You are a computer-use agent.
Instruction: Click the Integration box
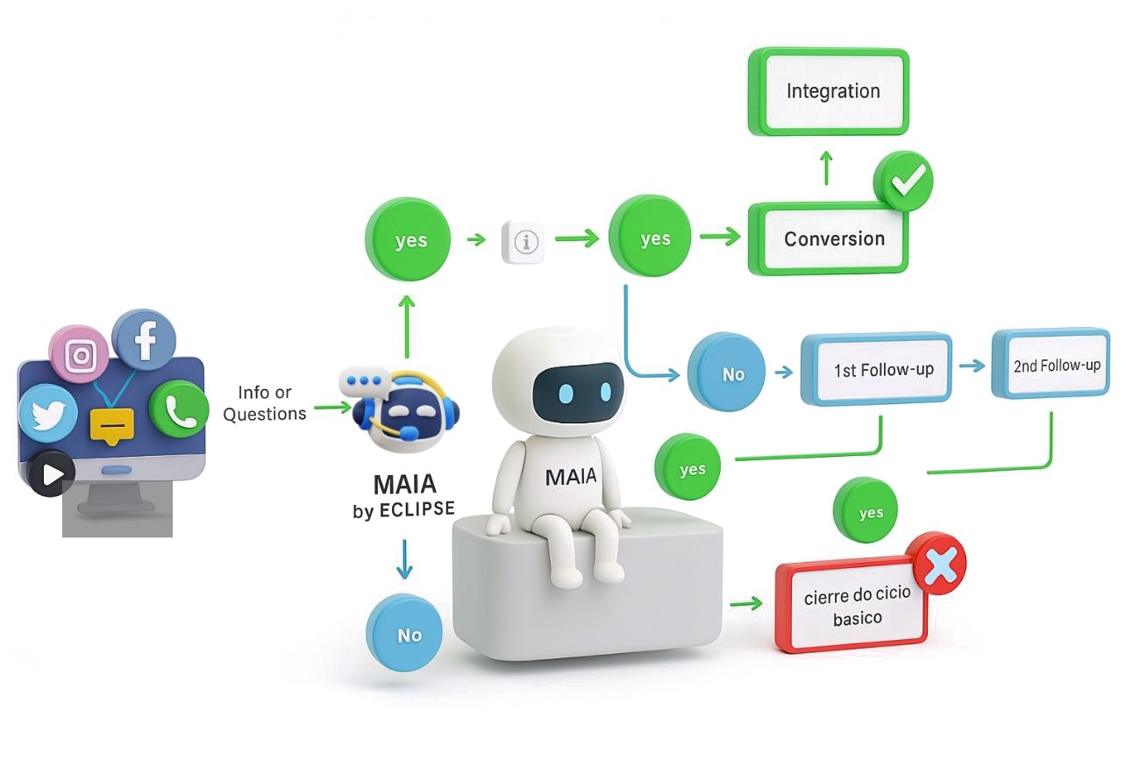coord(832,91)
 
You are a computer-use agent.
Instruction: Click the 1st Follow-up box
coord(876,368)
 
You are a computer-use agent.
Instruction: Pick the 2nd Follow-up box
coord(1051,364)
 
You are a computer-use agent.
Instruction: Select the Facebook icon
coord(145,338)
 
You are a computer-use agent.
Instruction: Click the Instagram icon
coord(80,355)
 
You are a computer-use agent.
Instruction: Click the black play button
coord(52,474)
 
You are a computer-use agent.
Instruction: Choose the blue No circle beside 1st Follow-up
coord(727,374)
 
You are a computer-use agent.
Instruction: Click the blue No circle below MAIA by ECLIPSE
coord(409,635)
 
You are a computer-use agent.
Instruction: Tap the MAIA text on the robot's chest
coord(570,477)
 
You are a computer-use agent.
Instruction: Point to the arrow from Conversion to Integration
coord(825,167)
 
